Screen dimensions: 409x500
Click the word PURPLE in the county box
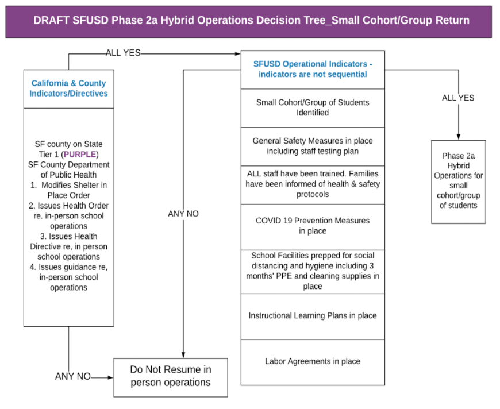(x=81, y=155)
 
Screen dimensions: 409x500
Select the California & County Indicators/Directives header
(x=68, y=88)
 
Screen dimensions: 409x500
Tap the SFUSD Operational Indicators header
(x=313, y=69)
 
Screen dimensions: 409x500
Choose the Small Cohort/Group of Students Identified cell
(x=313, y=107)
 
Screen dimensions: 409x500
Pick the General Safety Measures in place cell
(x=313, y=146)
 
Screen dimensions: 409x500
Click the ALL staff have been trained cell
(x=313, y=184)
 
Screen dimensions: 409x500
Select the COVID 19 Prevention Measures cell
(x=313, y=226)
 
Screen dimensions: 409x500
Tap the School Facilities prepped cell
(x=313, y=271)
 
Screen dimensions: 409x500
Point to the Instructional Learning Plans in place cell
(x=313, y=316)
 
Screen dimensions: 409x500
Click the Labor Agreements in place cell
(x=313, y=361)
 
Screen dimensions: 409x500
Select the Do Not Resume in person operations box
(x=171, y=376)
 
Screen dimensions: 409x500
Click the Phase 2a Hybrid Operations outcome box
(x=459, y=180)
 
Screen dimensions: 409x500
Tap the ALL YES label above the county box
(x=123, y=53)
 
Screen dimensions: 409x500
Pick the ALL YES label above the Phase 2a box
(x=458, y=98)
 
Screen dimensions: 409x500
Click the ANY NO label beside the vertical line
(x=183, y=214)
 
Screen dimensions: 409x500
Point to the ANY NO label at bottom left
(x=72, y=377)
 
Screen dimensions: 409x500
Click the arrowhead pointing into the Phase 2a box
(x=459, y=136)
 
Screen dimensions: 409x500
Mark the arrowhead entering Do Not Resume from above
(x=183, y=354)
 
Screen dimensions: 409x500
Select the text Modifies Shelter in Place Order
(x=70, y=190)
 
